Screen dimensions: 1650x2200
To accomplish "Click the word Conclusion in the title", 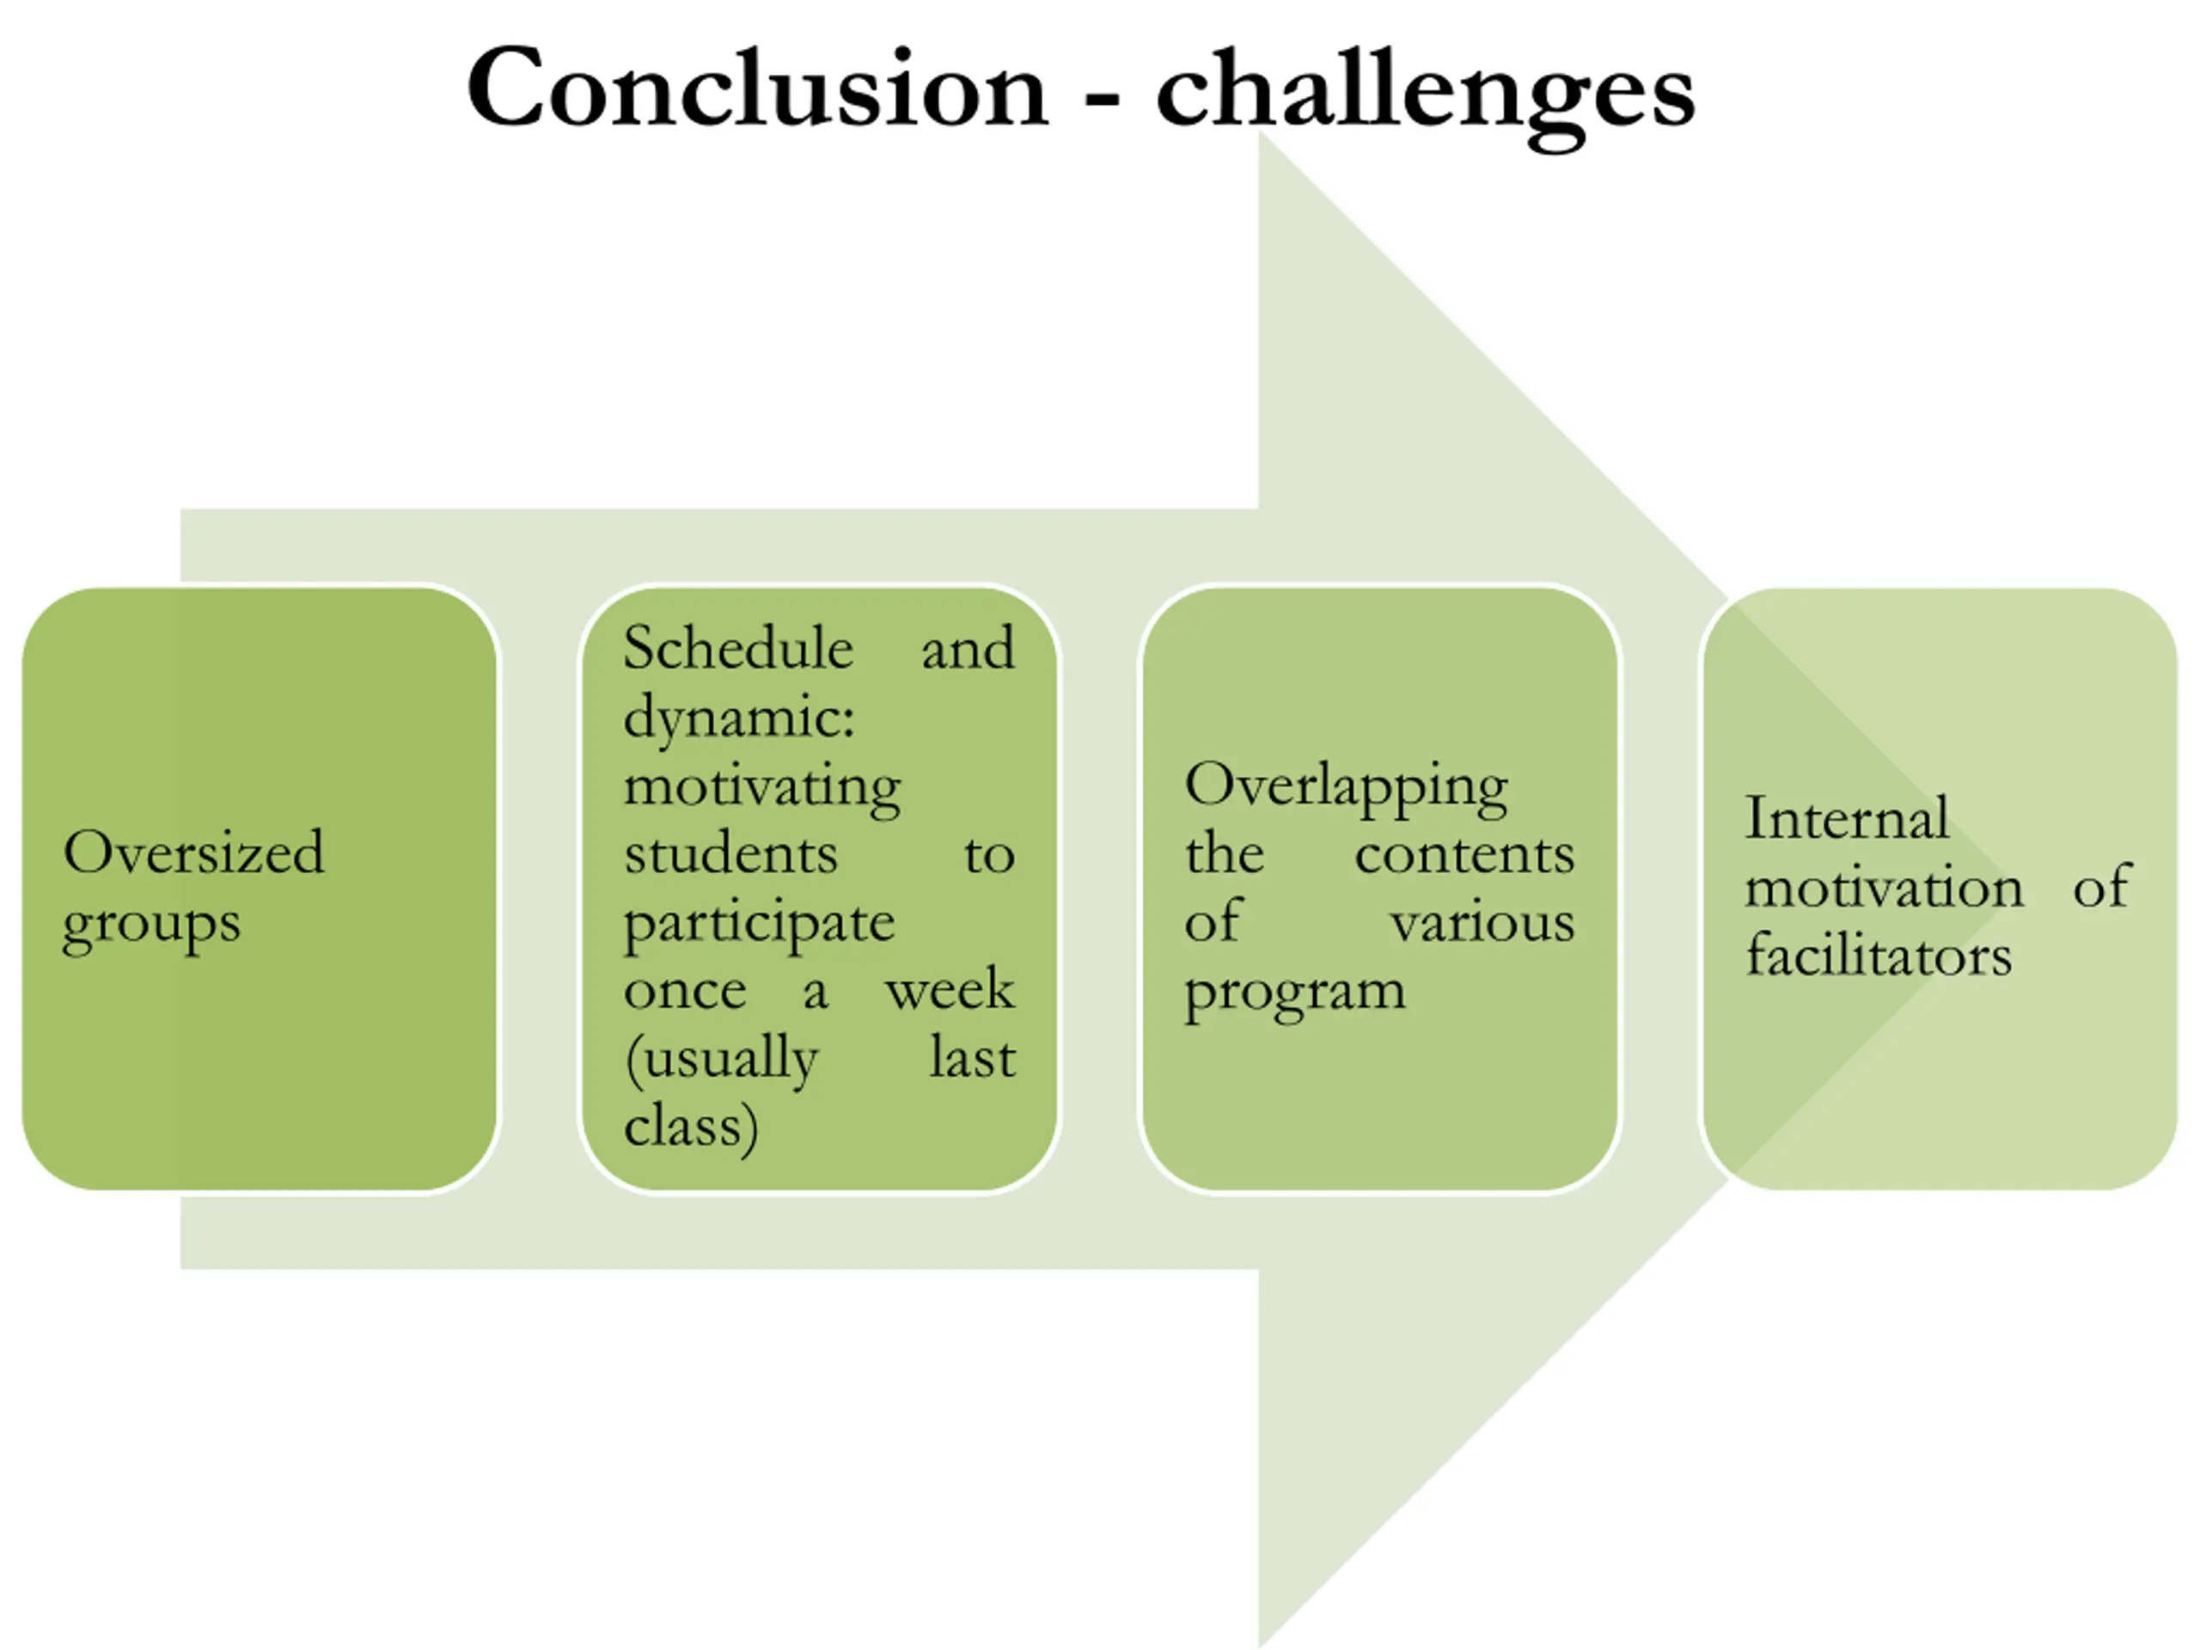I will tap(757, 89).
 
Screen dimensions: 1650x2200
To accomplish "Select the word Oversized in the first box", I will tap(193, 852).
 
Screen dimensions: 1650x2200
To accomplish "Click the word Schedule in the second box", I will tap(738, 649).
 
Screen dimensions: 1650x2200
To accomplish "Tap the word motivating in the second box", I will tap(762, 786).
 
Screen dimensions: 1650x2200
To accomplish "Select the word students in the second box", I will tap(731, 854).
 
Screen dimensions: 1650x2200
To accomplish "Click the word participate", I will tap(759, 924).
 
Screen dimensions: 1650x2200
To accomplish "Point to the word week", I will tap(950, 991).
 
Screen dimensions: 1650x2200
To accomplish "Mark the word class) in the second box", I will tap(691, 1127).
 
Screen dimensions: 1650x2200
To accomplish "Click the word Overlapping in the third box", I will tap(1346, 786).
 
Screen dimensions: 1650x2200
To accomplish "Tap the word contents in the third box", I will tap(1464, 854).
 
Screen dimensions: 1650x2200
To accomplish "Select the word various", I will tap(1482, 923).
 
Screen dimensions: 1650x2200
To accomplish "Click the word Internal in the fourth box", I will tap(1846, 820).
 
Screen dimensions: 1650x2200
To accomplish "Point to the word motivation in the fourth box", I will tap(1884, 887).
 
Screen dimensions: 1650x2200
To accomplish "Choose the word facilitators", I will tap(1879, 956).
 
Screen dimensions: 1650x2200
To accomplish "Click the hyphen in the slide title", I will tap(1102, 101).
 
